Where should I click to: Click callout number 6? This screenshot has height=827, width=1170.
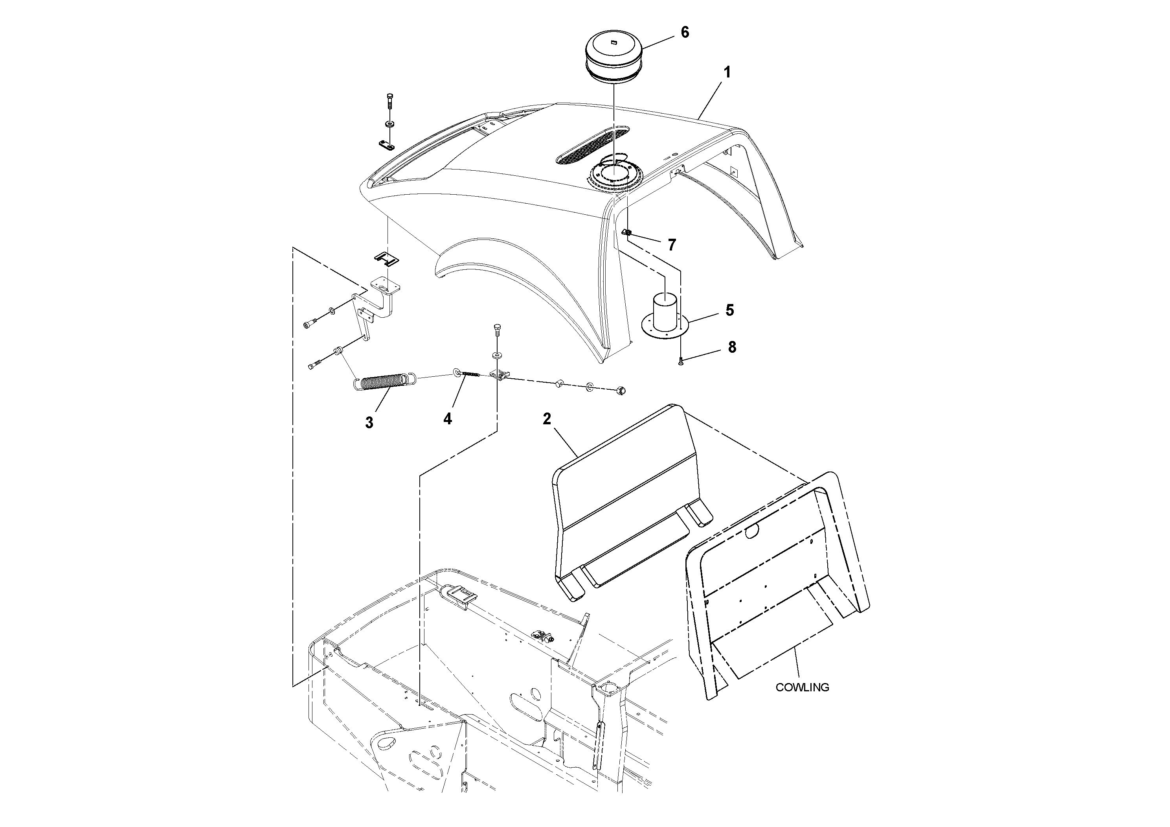[685, 32]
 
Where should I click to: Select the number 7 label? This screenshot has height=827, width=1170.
[672, 245]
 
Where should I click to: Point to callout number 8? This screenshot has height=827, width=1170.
[732, 347]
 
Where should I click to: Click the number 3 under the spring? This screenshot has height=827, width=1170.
[369, 423]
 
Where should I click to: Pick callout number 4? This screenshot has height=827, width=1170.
[447, 419]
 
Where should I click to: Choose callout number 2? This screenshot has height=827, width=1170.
[547, 419]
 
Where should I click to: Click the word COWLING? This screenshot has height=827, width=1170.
[802, 687]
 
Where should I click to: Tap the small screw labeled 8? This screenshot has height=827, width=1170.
[681, 361]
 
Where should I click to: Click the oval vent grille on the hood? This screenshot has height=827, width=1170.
[591, 146]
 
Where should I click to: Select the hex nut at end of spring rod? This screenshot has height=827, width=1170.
[621, 391]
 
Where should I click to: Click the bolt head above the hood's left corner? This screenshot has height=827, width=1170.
[390, 97]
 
